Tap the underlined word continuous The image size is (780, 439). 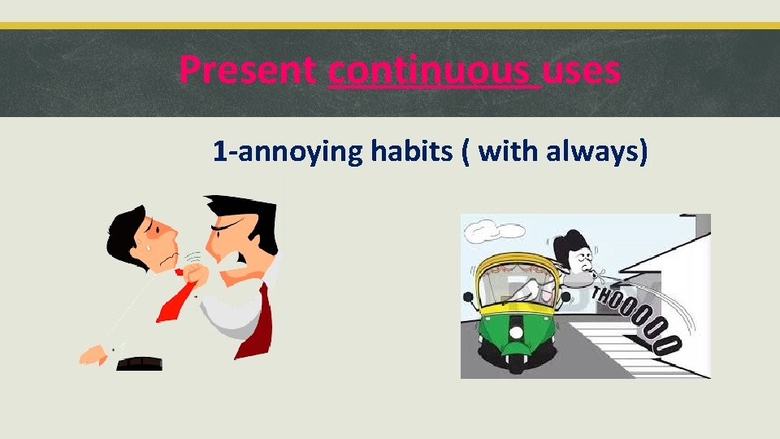tap(433, 71)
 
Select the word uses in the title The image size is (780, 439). tap(581, 71)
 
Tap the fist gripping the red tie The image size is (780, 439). tap(196, 270)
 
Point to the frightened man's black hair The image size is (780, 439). tap(126, 224)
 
